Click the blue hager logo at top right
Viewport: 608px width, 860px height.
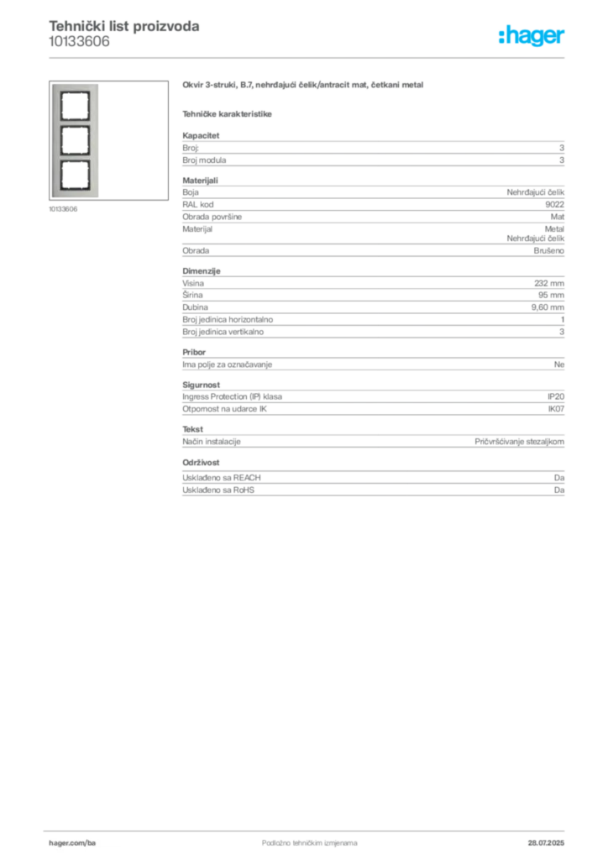coord(532,36)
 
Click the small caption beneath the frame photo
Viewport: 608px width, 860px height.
coord(64,210)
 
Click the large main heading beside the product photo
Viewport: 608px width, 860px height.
coord(306,87)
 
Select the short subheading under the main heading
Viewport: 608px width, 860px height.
coord(228,113)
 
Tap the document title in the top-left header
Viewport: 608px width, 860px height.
coord(124,27)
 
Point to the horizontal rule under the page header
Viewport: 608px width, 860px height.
coord(308,57)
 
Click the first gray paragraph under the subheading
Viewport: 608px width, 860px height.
coord(372,149)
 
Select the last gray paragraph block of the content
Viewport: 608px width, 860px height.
coord(372,478)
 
